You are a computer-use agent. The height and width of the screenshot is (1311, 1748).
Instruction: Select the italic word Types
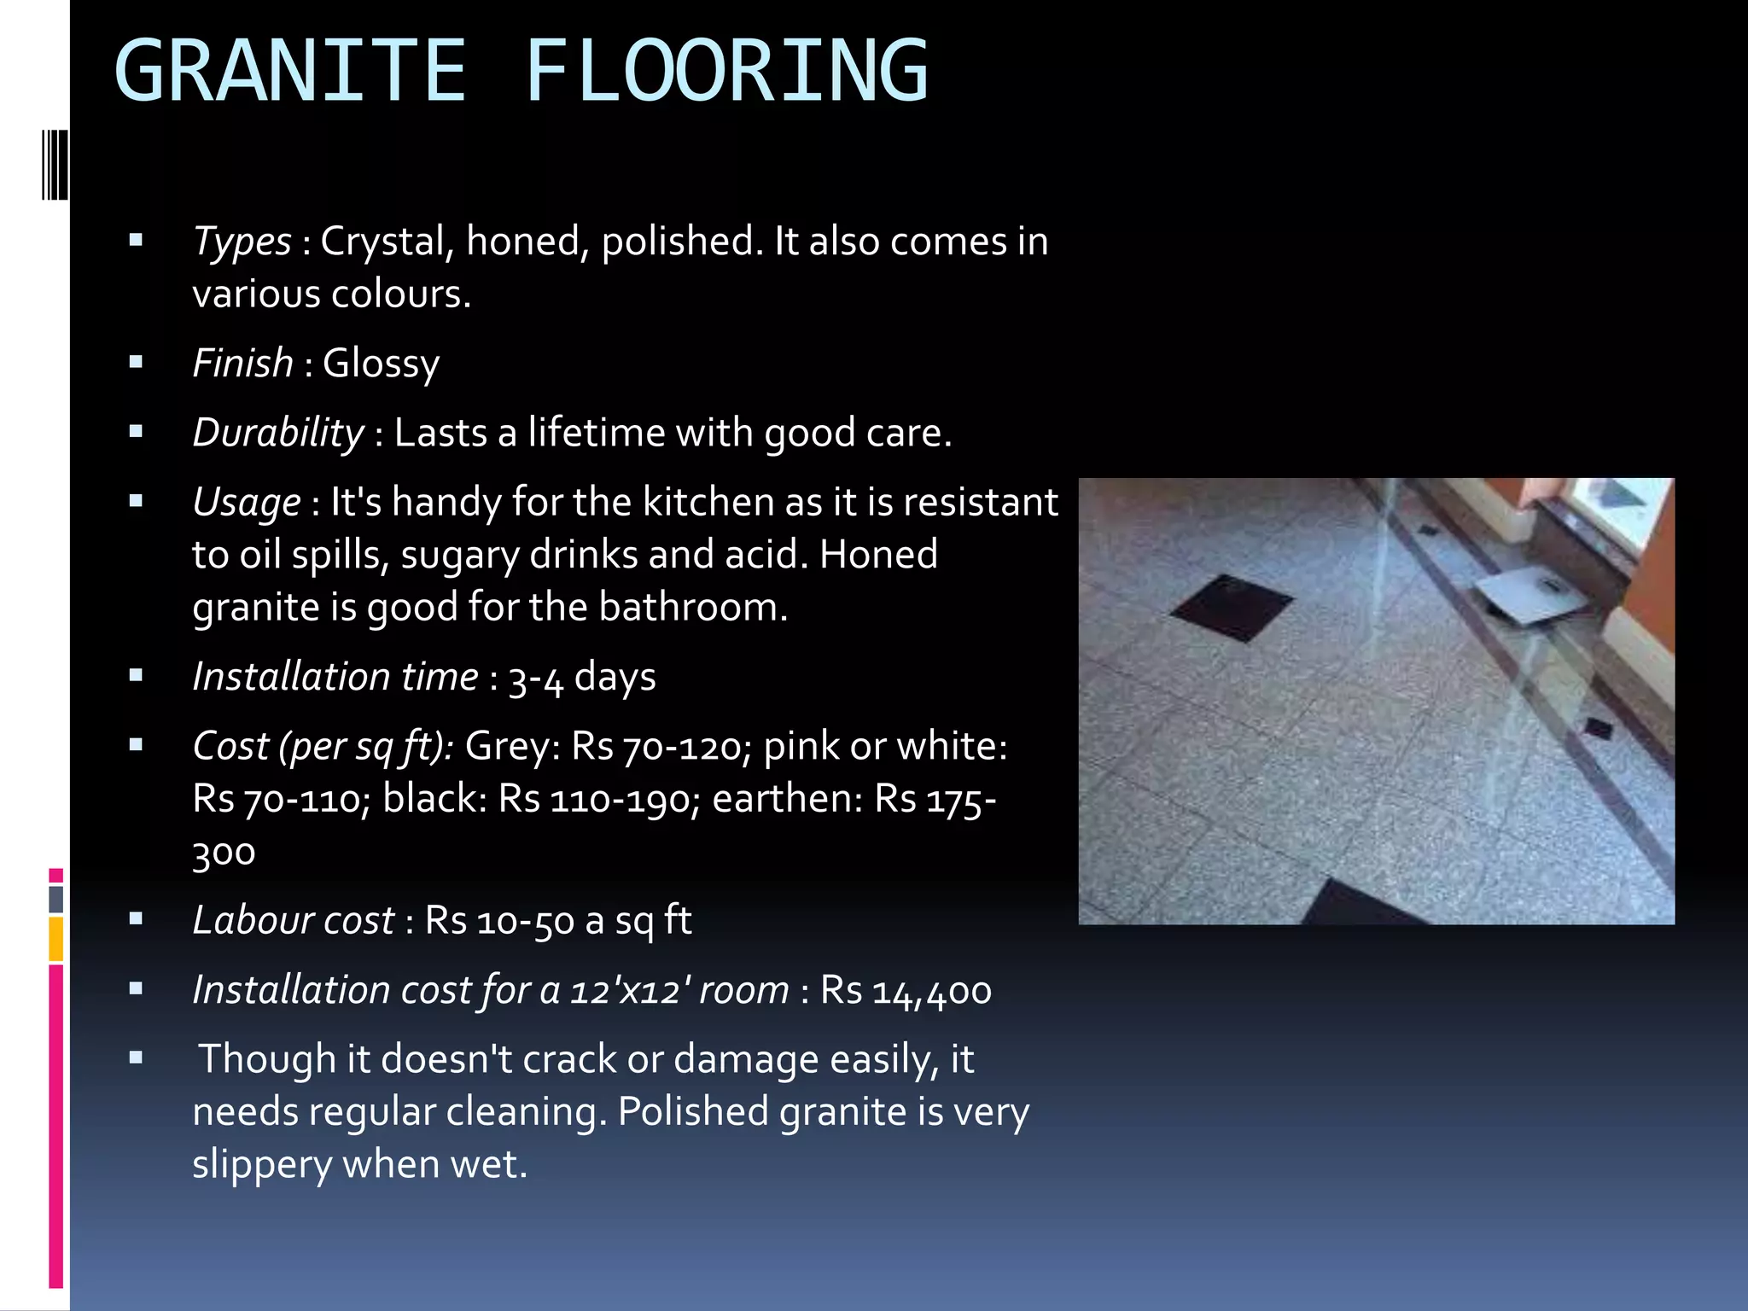point(242,242)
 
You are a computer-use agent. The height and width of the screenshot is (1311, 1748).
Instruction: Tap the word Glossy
point(381,364)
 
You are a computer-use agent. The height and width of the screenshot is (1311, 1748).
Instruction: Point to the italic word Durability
point(278,433)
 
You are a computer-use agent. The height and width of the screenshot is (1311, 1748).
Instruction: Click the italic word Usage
point(246,503)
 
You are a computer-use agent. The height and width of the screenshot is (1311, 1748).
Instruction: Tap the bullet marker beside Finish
point(136,363)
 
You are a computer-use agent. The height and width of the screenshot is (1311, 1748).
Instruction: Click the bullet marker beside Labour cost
point(136,920)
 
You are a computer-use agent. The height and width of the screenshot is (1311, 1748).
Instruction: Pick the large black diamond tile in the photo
point(1231,608)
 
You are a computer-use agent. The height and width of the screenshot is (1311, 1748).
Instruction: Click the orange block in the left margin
point(56,939)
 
